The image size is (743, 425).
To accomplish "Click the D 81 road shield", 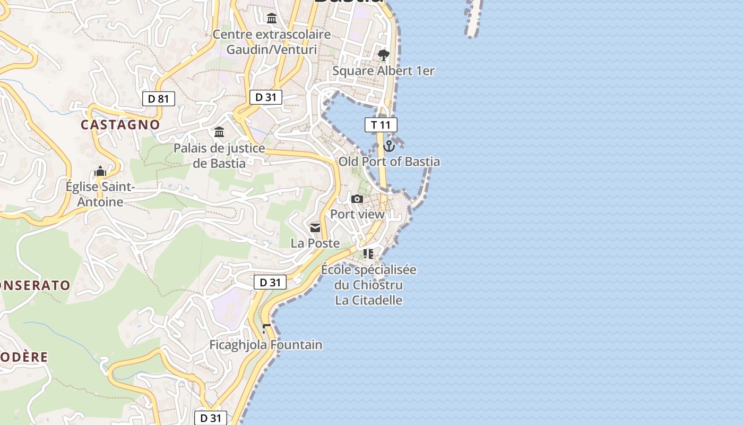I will [158, 98].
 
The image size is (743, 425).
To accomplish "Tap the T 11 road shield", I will [381, 125].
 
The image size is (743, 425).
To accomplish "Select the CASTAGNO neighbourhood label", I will [120, 124].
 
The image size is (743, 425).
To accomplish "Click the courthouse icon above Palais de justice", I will [219, 131].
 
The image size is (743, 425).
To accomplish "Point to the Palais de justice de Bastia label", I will [219, 155].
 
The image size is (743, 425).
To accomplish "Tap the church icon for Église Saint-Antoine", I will [100, 171].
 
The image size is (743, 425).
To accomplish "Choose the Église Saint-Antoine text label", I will [100, 194].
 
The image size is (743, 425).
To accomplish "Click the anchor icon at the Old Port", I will [389, 146].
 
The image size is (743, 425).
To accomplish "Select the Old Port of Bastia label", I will [389, 161].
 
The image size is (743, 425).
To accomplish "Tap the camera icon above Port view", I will [357, 199].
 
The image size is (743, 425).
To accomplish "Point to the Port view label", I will [357, 214].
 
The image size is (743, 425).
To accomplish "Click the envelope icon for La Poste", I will [315, 228].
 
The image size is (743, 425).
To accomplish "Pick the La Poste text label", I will [315, 243].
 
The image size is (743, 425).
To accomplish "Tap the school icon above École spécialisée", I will [368, 254].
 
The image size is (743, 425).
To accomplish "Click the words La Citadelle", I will [368, 300].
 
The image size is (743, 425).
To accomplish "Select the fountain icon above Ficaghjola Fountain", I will [266, 329].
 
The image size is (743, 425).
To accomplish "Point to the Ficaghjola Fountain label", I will [265, 345].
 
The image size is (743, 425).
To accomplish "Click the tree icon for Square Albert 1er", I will [383, 55].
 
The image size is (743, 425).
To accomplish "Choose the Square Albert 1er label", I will [383, 71].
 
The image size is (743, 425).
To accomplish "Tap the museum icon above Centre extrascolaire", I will [272, 19].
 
